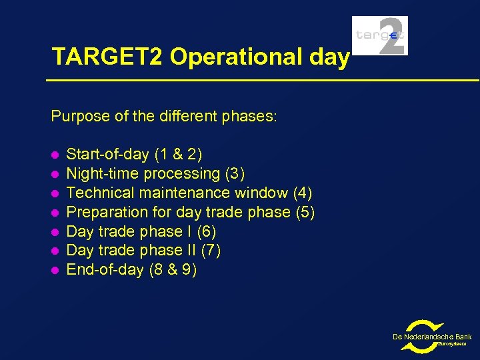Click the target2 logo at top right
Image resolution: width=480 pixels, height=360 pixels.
click(x=379, y=35)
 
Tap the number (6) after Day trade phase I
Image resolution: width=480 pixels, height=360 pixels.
click(x=207, y=232)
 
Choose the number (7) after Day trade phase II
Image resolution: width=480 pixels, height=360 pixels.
click(x=211, y=251)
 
